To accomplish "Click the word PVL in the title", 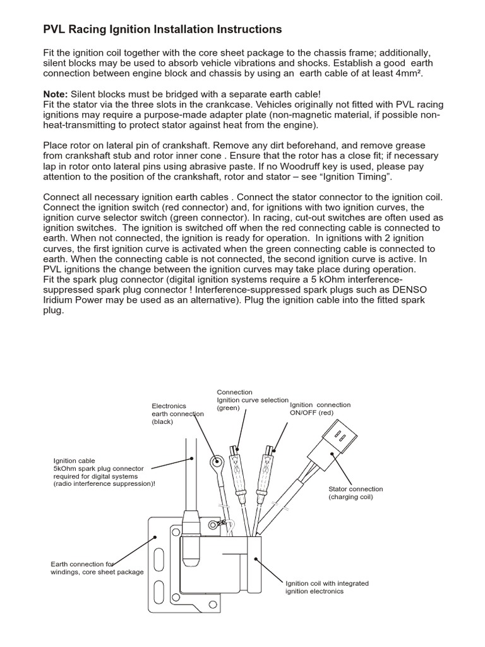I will [x=55, y=30].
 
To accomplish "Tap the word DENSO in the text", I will [x=409, y=289].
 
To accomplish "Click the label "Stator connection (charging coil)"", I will [x=356, y=493].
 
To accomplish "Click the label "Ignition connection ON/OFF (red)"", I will [x=320, y=409].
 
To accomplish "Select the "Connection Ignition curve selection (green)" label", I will [x=252, y=400].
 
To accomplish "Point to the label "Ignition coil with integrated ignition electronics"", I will [x=326, y=587].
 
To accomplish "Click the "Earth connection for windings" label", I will [x=97, y=567].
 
